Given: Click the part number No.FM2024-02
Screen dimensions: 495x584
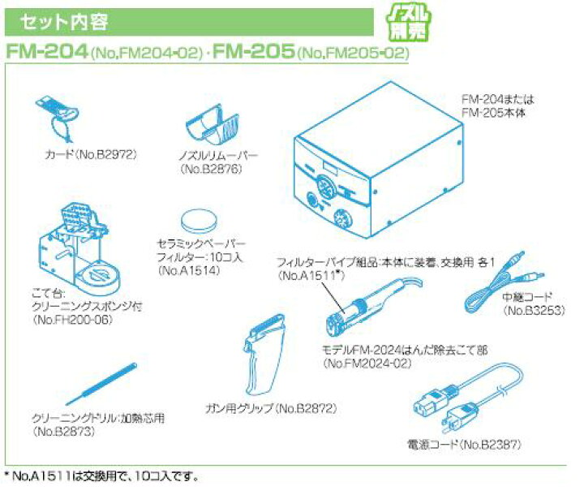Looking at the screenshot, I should pyautogui.click(x=367, y=364).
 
